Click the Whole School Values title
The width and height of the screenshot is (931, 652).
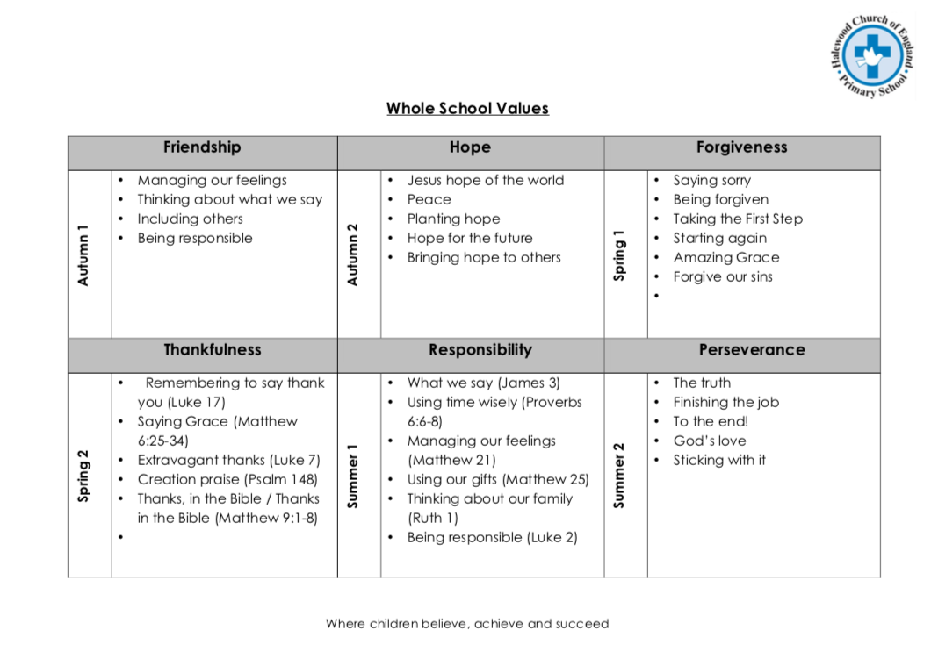click(467, 109)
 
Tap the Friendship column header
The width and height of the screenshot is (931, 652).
click(202, 147)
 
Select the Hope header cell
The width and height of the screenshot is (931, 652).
click(470, 147)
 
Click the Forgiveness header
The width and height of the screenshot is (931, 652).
click(741, 147)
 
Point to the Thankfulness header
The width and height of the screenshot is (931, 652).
click(213, 350)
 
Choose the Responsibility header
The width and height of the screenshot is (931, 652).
click(480, 350)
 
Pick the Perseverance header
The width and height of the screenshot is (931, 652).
click(752, 350)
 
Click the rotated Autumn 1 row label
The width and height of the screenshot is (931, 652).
click(84, 255)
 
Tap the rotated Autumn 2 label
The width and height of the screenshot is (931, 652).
click(353, 254)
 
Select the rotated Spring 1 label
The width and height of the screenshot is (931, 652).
click(620, 255)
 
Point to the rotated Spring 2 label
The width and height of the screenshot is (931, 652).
click(84, 475)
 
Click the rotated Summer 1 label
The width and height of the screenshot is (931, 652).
click(353, 475)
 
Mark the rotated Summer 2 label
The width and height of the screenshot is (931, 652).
click(620, 475)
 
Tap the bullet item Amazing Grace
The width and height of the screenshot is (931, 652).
click(725, 258)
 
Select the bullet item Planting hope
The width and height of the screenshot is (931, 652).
click(453, 219)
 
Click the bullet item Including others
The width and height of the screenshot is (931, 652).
click(190, 219)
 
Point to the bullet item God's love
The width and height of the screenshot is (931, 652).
click(710, 441)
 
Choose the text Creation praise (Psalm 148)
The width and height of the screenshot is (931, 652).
click(227, 480)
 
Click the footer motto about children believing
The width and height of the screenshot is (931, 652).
click(467, 624)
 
